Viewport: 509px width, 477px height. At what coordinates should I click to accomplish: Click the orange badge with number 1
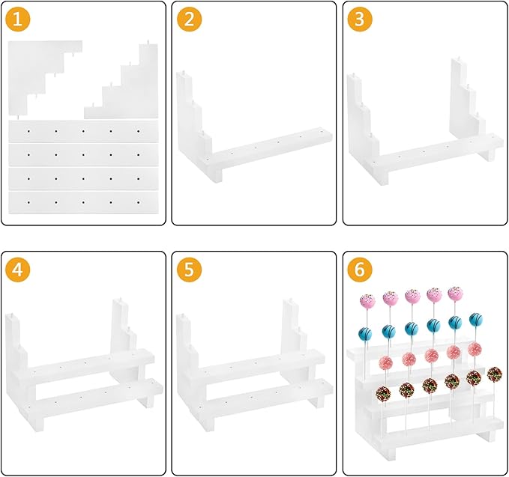18,19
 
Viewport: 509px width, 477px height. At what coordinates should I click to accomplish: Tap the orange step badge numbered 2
189,19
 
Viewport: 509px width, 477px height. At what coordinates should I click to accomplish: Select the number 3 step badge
360,19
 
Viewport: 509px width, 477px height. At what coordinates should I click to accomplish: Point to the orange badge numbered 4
18,270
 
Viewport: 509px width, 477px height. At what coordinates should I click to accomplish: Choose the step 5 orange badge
189,270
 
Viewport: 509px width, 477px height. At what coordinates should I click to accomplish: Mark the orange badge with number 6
360,270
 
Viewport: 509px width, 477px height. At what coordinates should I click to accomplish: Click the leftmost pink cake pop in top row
367,301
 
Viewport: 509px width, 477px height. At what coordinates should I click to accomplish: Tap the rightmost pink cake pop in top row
456,294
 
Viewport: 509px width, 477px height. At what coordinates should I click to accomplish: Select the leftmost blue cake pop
366,334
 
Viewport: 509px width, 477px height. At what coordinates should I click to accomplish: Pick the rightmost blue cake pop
475,320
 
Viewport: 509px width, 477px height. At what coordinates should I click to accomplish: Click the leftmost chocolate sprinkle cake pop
383,393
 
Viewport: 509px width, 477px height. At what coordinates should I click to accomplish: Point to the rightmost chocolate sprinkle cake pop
495,374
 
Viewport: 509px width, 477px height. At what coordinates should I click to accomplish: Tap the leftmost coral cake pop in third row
385,363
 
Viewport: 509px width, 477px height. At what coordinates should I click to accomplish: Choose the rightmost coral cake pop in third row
475,349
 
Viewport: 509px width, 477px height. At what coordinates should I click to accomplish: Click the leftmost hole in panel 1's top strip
29,131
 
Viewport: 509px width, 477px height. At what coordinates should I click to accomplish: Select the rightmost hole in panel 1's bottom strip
139,202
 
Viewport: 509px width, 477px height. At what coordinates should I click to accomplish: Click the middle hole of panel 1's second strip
83,155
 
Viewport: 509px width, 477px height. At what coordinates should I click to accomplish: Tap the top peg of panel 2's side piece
183,71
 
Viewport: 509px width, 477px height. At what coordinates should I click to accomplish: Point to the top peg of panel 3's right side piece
459,58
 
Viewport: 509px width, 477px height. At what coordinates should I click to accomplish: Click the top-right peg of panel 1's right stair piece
148,42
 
